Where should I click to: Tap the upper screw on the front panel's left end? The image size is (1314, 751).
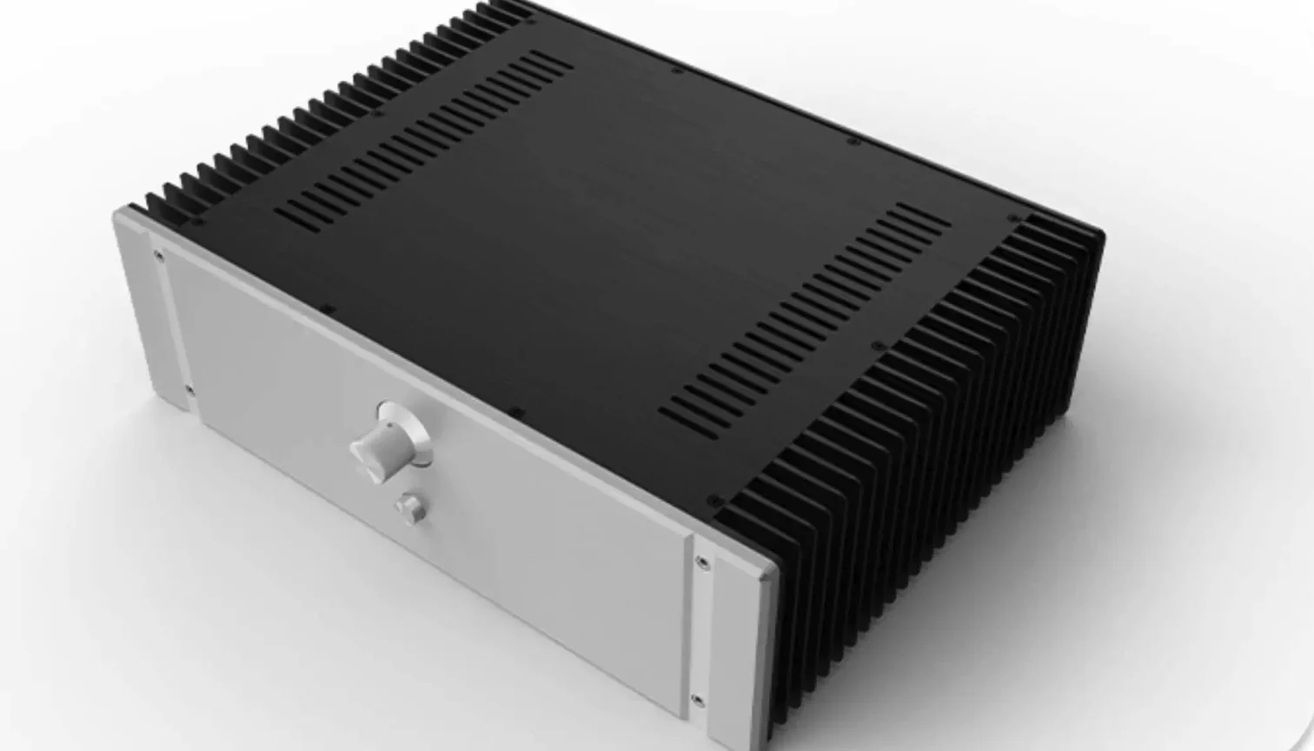[157, 256]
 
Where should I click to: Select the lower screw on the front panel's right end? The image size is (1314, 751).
[698, 697]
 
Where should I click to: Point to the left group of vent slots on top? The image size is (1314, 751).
[426, 135]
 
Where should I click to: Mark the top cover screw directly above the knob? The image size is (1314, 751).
[514, 412]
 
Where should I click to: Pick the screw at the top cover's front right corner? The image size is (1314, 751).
[713, 502]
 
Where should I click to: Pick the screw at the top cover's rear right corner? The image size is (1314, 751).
[1011, 218]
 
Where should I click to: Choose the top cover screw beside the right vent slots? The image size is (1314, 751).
[876, 346]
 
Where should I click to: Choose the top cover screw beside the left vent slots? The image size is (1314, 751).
[376, 113]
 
